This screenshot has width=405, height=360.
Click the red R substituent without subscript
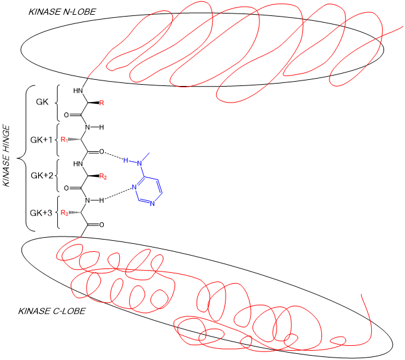pos(102,103)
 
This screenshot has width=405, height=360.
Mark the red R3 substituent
pos(64,213)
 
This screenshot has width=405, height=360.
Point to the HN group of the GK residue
pos(78,91)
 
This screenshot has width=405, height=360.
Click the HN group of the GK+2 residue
pos(78,164)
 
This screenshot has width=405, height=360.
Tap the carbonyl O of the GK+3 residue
pos(101,225)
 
